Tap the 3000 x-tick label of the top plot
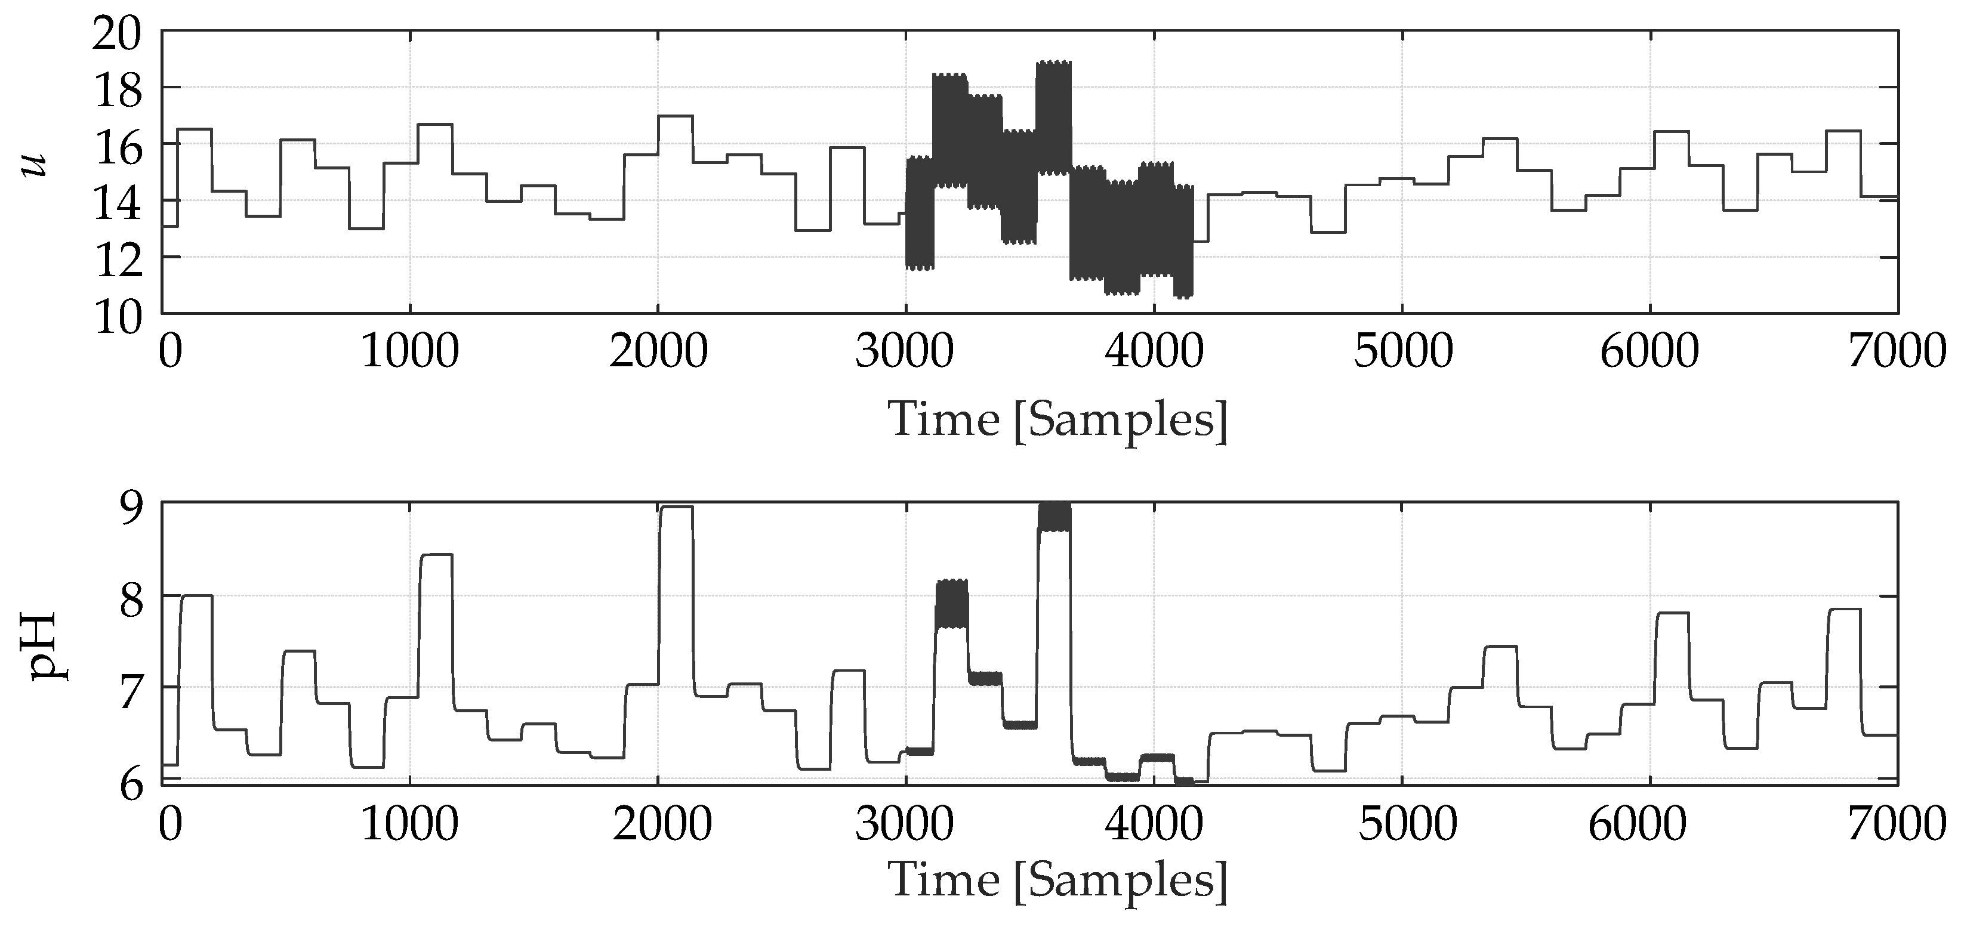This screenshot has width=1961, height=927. pos(904,351)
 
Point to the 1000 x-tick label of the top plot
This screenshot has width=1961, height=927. pos(409,351)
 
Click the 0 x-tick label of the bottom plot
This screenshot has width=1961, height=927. pos(171,824)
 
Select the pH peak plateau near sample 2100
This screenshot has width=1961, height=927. pos(677,508)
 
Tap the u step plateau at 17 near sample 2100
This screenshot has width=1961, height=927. pos(675,116)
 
